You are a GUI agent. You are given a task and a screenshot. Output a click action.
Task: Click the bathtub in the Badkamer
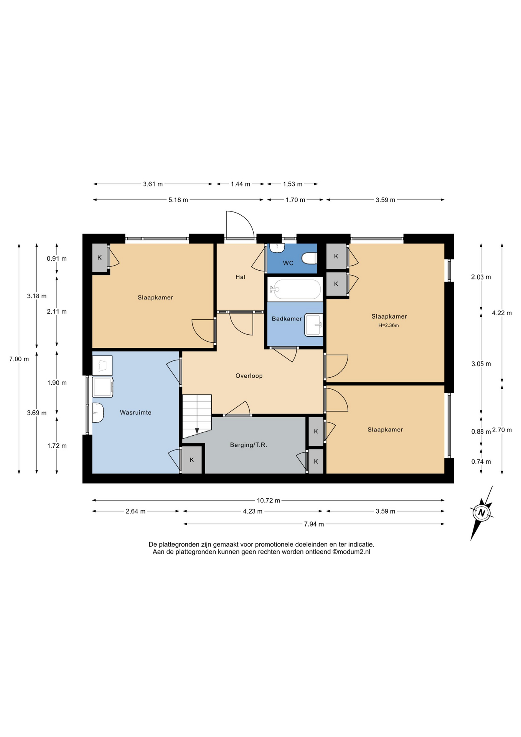295,289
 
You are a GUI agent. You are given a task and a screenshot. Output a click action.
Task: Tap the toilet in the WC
309,258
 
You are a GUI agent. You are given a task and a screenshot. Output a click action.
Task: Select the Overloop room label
249,376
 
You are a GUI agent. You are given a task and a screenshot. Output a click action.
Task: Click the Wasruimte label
135,413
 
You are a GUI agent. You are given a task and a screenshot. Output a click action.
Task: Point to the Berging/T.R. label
249,445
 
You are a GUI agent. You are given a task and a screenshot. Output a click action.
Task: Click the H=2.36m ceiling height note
389,326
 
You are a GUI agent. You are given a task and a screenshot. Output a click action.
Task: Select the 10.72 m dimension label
269,500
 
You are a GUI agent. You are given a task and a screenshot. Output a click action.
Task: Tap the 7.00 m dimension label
19,359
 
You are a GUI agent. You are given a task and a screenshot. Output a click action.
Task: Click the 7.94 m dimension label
314,524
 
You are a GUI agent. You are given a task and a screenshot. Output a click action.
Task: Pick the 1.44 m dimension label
241,184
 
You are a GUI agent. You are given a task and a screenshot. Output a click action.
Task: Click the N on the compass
482,513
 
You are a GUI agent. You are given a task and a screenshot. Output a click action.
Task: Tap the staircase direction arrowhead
197,431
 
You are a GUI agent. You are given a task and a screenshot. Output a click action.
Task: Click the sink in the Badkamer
313,325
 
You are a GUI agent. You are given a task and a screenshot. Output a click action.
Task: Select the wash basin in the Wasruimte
98,413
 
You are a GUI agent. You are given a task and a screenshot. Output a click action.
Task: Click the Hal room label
241,277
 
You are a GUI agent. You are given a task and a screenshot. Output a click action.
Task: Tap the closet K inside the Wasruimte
192,459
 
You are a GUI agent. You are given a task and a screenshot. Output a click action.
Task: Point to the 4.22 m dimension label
502,313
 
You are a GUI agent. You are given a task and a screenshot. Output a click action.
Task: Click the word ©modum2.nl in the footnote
351,552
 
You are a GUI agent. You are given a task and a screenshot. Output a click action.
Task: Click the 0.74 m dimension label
481,462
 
